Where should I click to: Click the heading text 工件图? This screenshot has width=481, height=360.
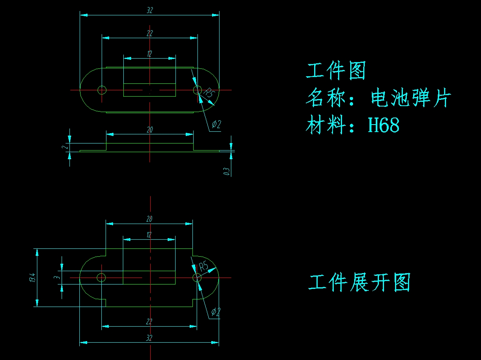(336, 71)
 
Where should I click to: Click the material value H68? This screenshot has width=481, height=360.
(384, 125)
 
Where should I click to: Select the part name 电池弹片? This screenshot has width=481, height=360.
(411, 98)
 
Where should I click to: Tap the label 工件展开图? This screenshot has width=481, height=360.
(359, 282)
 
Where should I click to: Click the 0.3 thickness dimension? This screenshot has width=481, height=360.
(227, 171)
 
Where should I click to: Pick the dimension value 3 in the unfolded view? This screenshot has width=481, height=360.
(57, 277)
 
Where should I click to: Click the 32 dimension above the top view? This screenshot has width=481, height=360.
(149, 11)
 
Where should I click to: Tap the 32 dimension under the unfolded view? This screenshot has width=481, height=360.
(149, 338)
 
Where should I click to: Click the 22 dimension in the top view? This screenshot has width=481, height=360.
(149, 33)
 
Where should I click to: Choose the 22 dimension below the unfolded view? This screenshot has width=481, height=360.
(149, 322)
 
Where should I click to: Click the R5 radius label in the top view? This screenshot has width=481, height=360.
(209, 94)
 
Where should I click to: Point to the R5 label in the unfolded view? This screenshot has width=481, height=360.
(203, 267)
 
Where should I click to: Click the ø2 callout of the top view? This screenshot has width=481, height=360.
(216, 125)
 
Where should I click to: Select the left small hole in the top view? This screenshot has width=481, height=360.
(102, 90)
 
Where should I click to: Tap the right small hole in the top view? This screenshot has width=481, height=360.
(197, 90)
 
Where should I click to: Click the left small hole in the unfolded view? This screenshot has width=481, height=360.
(101, 277)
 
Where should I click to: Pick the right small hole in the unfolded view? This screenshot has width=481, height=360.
(197, 278)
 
